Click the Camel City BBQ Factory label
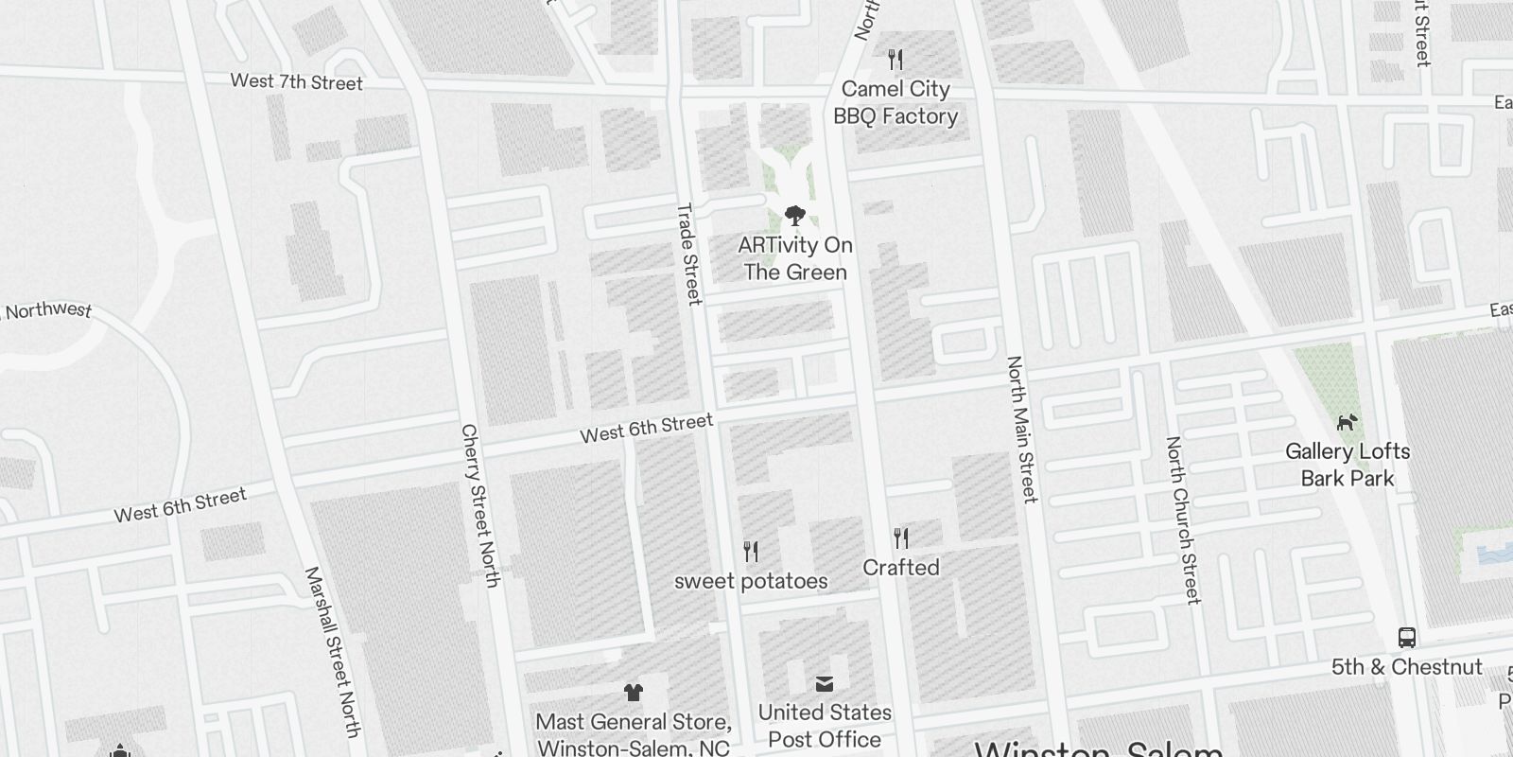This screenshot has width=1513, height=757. tap(896, 102)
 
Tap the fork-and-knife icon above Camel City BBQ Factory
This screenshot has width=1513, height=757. tap(896, 61)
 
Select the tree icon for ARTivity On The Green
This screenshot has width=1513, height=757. tap(795, 215)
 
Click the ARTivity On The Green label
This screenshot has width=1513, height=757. tap(795, 258)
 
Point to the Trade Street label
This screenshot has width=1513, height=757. tap(689, 254)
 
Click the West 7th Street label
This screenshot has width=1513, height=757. tap(296, 82)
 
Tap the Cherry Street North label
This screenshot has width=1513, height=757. tap(479, 505)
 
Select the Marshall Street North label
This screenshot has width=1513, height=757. tap(333, 652)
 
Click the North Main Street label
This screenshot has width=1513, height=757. tap(1022, 429)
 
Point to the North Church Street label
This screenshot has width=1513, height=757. tap(1183, 519)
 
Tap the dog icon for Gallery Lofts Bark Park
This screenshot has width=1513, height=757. tap(1347, 422)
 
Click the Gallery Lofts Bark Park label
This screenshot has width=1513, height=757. tap(1348, 465)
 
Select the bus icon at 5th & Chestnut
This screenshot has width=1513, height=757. tap(1407, 637)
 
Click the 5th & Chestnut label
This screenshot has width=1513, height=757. tap(1407, 667)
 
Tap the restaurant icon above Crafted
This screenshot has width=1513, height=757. tap(901, 538)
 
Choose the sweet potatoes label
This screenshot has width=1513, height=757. tap(751, 581)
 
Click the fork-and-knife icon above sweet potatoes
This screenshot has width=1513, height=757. tap(751, 551)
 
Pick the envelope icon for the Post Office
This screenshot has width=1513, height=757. tap(825, 683)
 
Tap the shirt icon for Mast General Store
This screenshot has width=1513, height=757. tap(634, 693)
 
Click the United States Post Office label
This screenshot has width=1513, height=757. tap(825, 725)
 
